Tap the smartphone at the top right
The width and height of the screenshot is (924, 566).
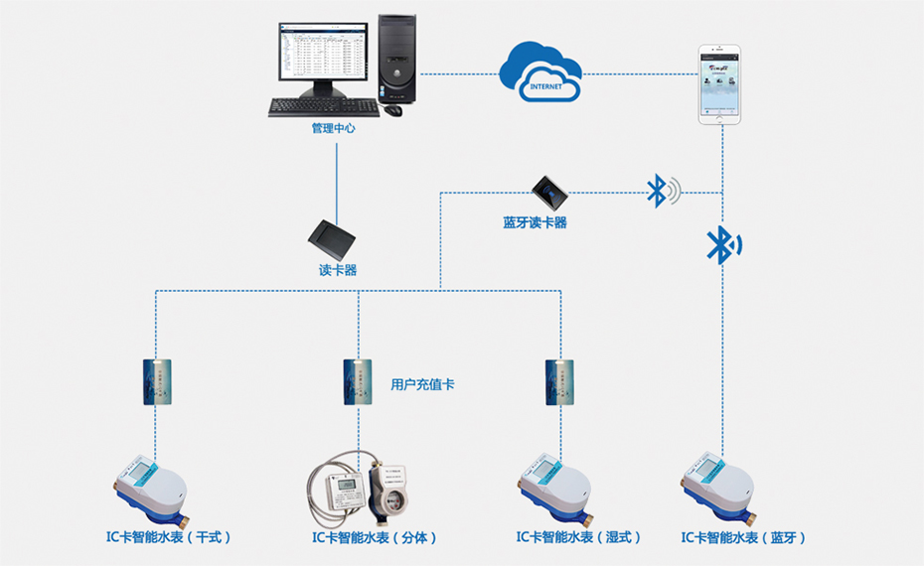click(x=721, y=83)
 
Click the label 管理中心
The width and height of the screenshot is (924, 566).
click(x=333, y=129)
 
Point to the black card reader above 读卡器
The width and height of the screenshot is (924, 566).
click(x=332, y=236)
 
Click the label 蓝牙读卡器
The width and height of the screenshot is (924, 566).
click(x=535, y=223)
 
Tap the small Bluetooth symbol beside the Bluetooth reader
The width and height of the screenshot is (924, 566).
click(x=659, y=191)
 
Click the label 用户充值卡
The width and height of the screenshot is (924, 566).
click(x=422, y=384)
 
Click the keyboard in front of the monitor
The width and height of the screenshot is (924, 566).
click(x=311, y=106)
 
